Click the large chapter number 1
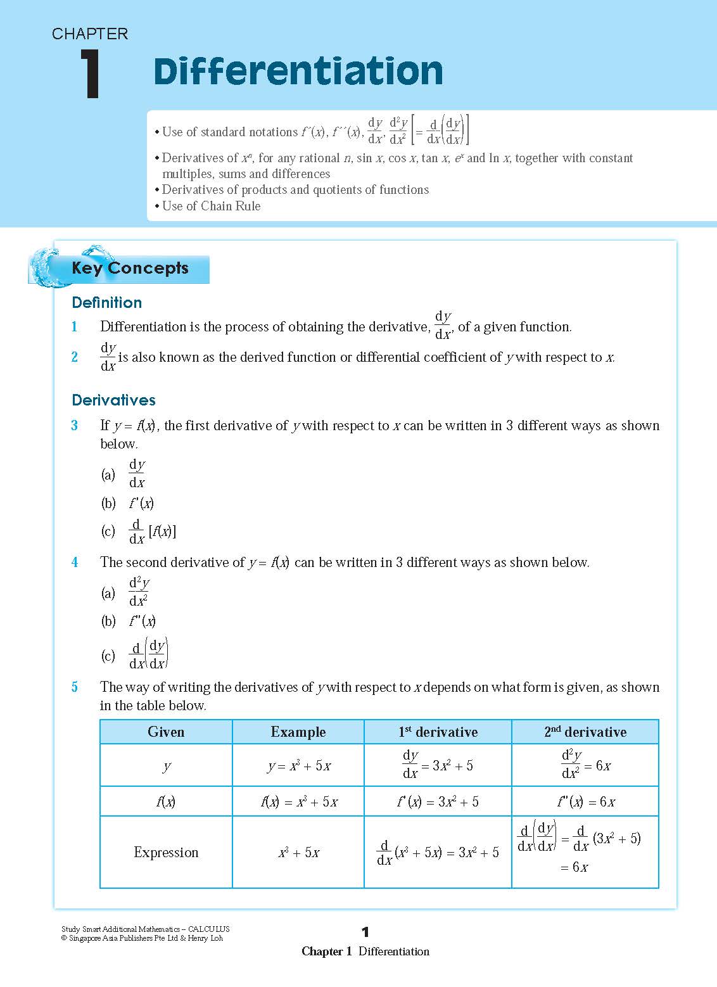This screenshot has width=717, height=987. tap(90, 74)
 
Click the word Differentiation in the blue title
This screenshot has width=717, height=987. tap(298, 71)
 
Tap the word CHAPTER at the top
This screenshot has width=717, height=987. tap(90, 34)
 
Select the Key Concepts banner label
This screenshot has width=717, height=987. tap(130, 268)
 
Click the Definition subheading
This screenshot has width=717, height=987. tap(106, 302)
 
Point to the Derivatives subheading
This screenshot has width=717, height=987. tap(113, 400)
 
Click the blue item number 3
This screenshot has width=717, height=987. tap(75, 426)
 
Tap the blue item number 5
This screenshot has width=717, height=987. tap(75, 687)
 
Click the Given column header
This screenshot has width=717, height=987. tap(166, 732)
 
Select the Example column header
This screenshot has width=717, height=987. tap(298, 732)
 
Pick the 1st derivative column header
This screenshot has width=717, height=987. tap(438, 732)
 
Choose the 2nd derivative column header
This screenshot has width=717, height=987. tap(585, 732)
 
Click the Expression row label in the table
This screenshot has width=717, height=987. tap(166, 852)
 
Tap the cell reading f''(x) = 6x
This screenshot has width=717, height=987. tap(585, 801)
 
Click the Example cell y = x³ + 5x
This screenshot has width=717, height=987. tap(298, 766)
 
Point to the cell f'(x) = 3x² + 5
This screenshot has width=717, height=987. tap(438, 801)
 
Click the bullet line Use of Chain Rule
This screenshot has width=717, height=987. tap(211, 206)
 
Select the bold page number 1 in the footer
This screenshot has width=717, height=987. tap(365, 931)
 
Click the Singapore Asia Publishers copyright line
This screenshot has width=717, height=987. tap(142, 938)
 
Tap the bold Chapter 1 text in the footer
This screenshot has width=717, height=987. tap(326, 951)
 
